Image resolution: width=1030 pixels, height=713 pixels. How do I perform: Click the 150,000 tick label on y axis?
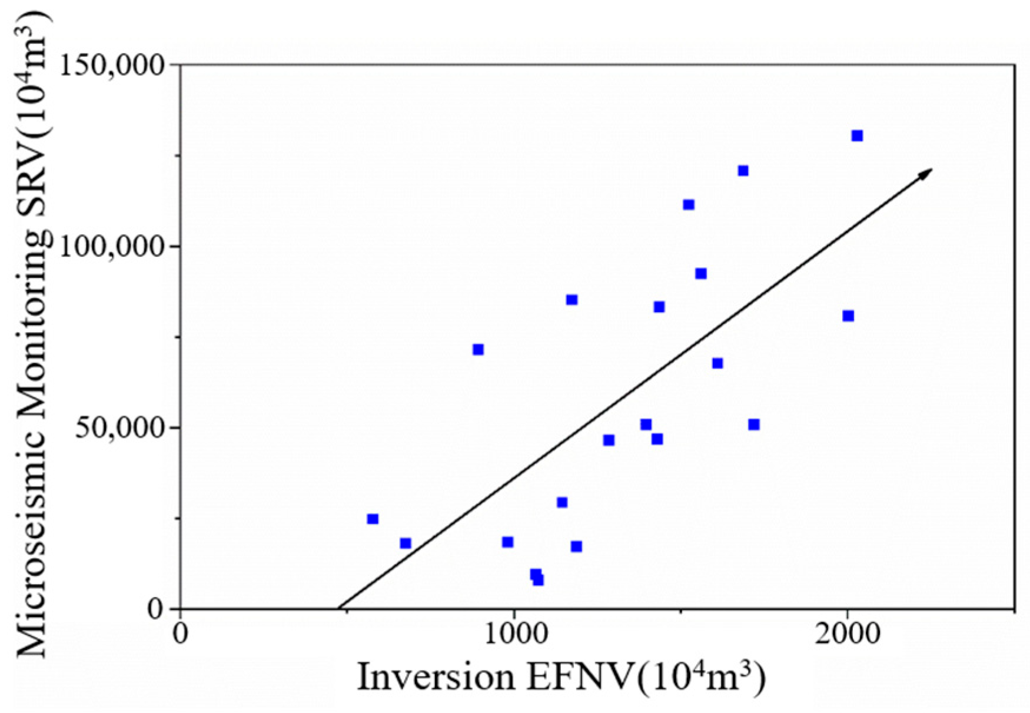(112, 65)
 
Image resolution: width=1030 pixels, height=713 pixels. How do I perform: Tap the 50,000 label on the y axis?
(120, 427)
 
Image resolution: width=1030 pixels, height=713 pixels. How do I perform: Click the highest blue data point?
(857, 136)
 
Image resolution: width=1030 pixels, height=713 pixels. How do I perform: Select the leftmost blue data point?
(373, 519)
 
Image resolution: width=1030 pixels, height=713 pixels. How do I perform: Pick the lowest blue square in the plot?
(538, 581)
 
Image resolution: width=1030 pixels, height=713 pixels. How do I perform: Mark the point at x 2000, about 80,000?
(848, 316)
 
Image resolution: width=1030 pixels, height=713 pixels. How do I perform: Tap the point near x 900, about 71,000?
(478, 350)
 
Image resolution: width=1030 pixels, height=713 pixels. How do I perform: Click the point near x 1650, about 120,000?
(743, 171)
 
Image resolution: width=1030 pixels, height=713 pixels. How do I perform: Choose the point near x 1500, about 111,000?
(689, 205)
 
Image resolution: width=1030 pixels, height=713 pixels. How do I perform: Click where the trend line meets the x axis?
(339, 608)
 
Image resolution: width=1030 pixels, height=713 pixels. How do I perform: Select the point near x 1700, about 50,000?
(754, 425)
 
